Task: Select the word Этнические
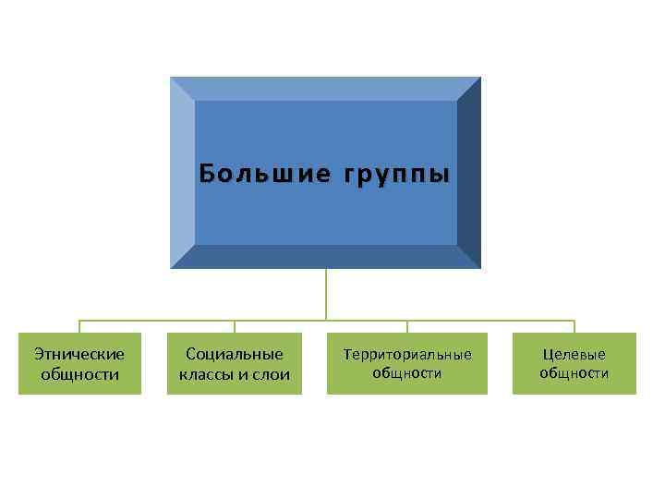[79, 353]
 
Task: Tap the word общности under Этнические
[79, 374]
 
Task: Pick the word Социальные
[235, 353]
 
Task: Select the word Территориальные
[407, 354]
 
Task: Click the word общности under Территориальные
[407, 373]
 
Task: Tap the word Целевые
[574, 354]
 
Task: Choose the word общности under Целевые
[574, 373]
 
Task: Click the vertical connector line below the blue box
[326, 294]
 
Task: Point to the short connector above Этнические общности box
[79, 326]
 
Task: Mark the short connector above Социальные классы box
[235, 326]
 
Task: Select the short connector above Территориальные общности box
[407, 326]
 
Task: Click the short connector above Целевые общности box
[574, 326]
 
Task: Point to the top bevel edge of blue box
[326, 88]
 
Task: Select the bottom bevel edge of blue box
[326, 257]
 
